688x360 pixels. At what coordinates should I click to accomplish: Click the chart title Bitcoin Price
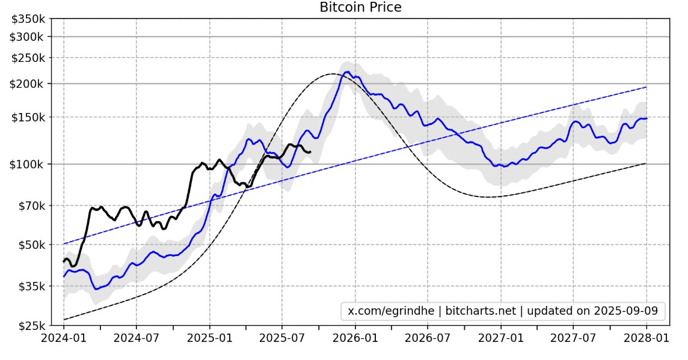pyautogui.click(x=360, y=7)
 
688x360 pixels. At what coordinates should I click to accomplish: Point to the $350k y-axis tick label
pyautogui.click(x=28, y=19)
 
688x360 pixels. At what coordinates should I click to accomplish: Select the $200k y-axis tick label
pyautogui.click(x=28, y=84)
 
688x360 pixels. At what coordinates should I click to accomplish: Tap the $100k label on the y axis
pyautogui.click(x=28, y=164)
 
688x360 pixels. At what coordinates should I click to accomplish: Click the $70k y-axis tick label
pyautogui.click(x=31, y=206)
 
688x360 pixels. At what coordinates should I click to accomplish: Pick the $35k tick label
pyautogui.click(x=31, y=286)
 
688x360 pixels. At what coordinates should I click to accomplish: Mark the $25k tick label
pyautogui.click(x=31, y=326)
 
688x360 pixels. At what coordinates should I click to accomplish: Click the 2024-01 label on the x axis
pyautogui.click(x=63, y=338)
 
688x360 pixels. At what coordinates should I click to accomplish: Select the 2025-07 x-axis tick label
pyautogui.click(x=282, y=338)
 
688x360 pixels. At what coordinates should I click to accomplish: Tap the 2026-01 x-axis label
pyautogui.click(x=355, y=338)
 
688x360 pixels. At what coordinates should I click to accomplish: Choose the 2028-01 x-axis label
pyautogui.click(x=646, y=338)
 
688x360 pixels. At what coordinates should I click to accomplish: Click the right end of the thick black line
pyautogui.click(x=310, y=152)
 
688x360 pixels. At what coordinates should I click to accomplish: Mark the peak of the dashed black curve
pyautogui.click(x=333, y=74)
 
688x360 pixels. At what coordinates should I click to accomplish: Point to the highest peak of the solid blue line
pyautogui.click(x=348, y=72)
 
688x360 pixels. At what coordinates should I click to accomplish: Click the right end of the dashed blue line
pyautogui.click(x=646, y=87)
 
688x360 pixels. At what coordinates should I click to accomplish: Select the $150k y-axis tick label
pyautogui.click(x=28, y=117)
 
